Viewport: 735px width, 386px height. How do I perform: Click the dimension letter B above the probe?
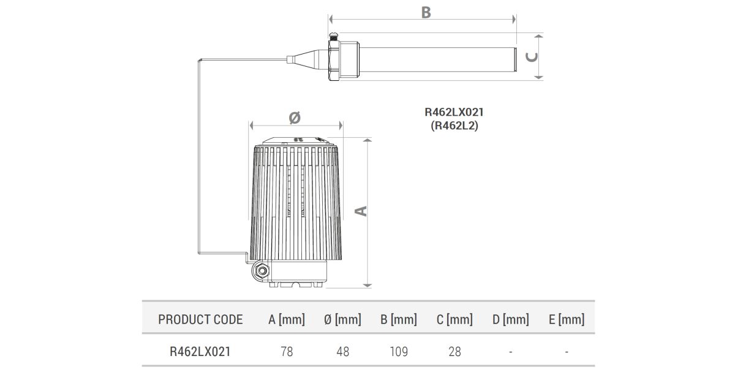426,12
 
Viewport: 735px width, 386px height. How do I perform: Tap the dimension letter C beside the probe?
533,57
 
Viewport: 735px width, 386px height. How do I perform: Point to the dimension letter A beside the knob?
361,210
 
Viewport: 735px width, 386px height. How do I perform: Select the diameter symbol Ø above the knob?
294,116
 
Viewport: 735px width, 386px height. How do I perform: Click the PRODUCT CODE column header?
200,319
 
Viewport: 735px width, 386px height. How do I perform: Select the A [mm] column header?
287,319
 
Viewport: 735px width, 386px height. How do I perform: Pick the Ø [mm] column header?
342,319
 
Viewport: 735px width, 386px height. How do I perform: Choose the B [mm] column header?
398,319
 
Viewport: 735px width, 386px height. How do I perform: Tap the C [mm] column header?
454,319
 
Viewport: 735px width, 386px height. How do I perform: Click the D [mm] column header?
510,319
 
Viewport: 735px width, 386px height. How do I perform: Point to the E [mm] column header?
567,319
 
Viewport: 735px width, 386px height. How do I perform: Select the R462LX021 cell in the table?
200,352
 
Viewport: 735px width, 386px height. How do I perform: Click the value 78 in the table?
287,352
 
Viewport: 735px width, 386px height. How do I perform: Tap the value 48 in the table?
342,352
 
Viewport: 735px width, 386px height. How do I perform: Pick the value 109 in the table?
398,352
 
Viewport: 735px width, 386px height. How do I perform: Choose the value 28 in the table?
454,352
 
